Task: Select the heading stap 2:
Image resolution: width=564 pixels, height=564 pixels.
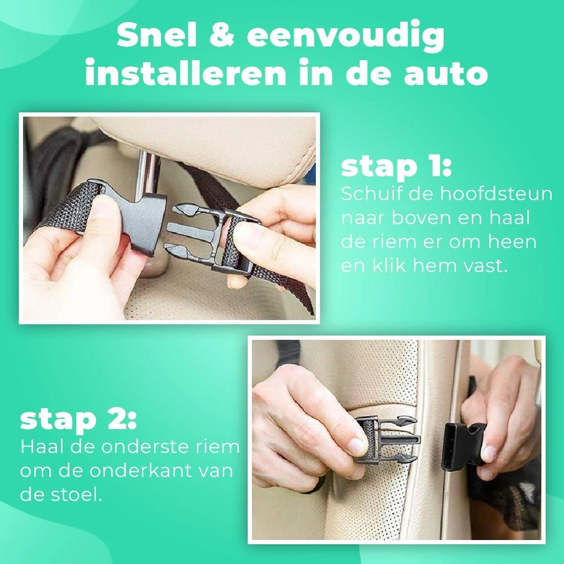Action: click(78, 421)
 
